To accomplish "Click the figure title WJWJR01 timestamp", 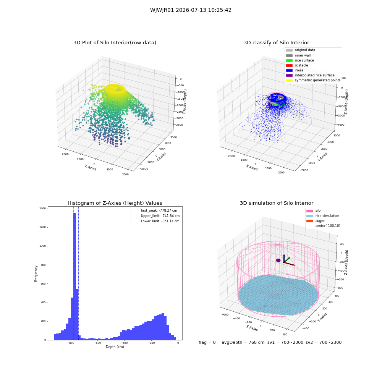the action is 191,10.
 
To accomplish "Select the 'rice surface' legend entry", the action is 300,60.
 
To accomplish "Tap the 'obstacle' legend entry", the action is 297,65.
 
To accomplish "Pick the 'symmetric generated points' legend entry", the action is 313,80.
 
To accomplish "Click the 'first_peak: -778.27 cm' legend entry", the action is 154,210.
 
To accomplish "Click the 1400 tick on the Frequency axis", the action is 42,209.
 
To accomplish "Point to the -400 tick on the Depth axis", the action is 124,343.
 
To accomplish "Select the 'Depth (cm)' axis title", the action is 115,347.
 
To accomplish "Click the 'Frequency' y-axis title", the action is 36,274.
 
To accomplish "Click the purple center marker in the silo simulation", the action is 278,261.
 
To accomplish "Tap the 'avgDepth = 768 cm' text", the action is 243,342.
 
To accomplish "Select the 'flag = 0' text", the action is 207,342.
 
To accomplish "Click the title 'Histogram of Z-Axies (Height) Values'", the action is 115,203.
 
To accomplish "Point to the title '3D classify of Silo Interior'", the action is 277,43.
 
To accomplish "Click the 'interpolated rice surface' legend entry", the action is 310,75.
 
